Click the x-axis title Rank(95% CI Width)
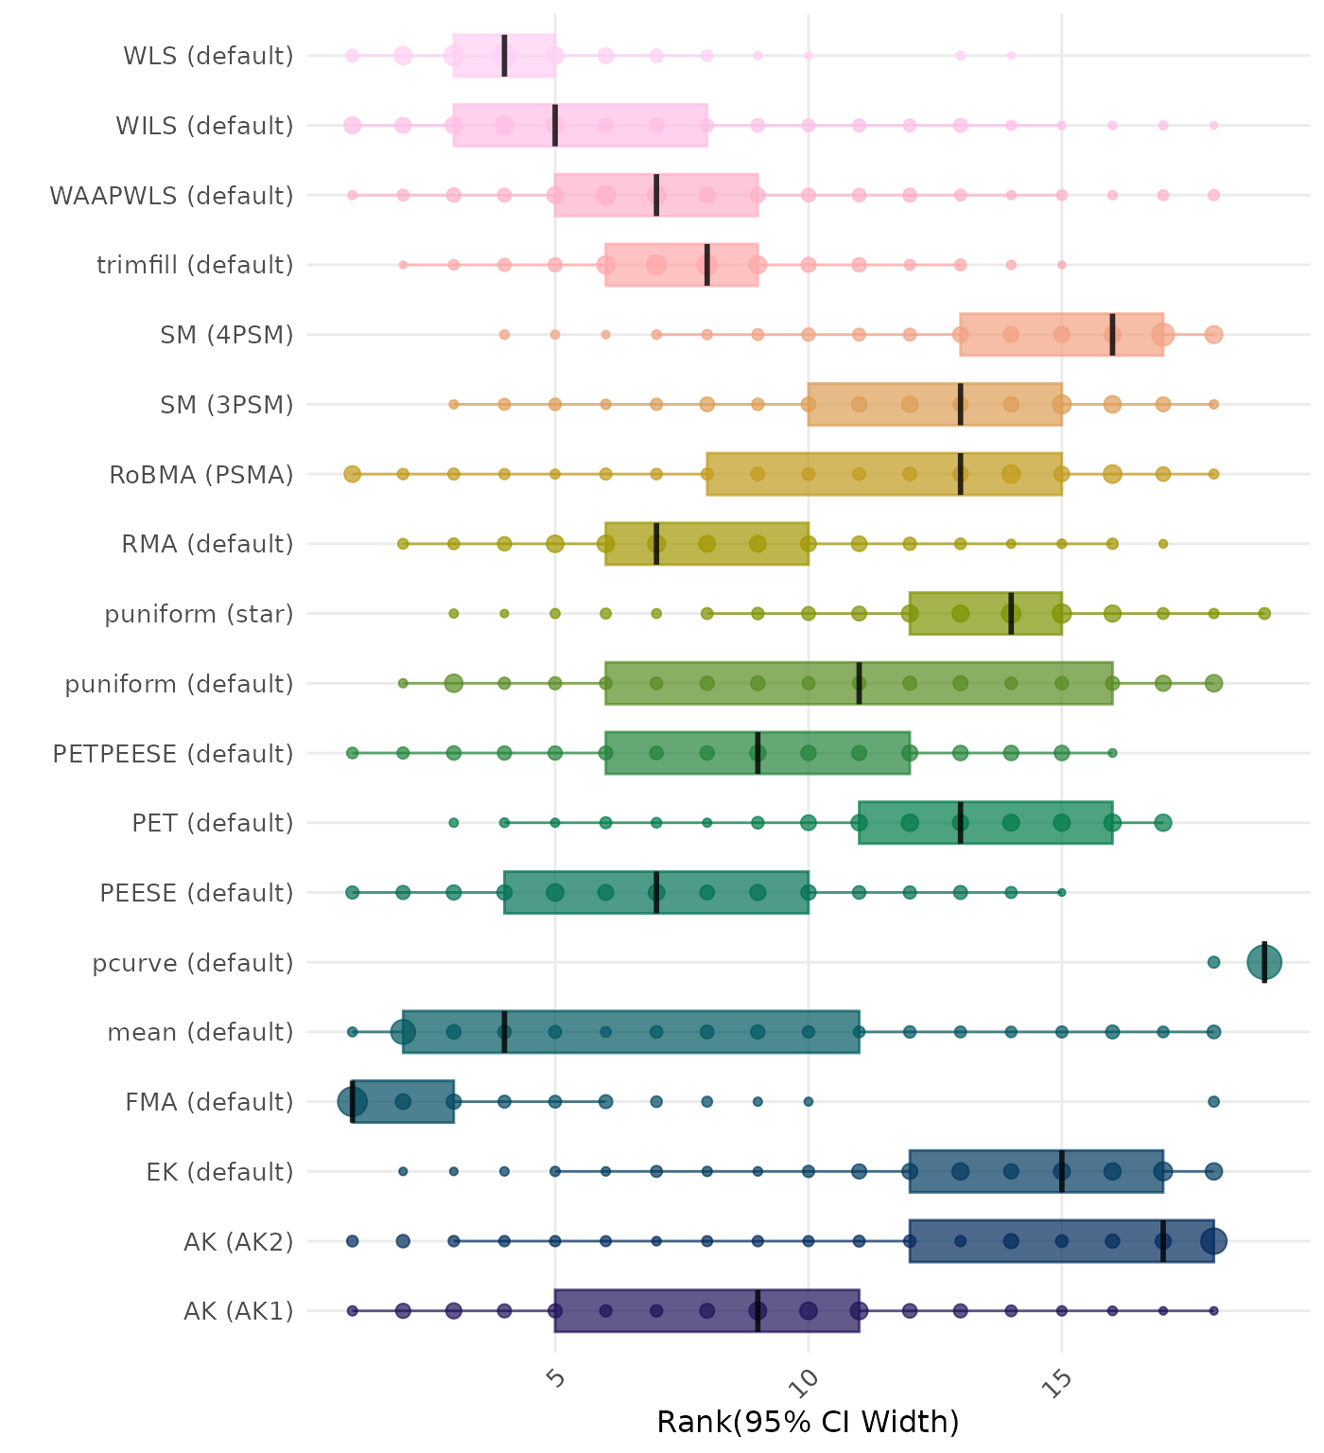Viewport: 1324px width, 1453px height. (x=808, y=1422)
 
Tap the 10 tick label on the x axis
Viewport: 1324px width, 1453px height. (x=808, y=1382)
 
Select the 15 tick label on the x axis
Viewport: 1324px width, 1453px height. (x=1060, y=1382)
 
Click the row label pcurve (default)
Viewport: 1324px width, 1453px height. (x=193, y=963)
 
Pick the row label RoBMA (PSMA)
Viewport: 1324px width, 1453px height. (x=201, y=475)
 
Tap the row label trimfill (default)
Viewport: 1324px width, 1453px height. (x=195, y=265)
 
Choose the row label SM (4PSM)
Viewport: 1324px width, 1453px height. (x=227, y=335)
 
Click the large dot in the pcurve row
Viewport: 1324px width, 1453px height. (x=1264, y=963)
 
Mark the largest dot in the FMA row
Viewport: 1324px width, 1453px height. (x=353, y=1102)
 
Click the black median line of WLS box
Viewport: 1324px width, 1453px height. (x=504, y=56)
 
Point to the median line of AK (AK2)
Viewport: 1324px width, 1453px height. (x=1163, y=1241)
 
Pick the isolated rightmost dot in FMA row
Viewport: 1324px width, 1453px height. (x=1214, y=1102)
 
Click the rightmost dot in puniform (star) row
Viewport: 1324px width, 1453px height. (x=1264, y=614)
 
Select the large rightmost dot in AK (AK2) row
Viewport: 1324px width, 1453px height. (x=1213, y=1241)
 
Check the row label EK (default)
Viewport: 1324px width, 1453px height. (x=219, y=1172)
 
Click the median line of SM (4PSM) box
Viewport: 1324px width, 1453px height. (x=1112, y=335)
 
